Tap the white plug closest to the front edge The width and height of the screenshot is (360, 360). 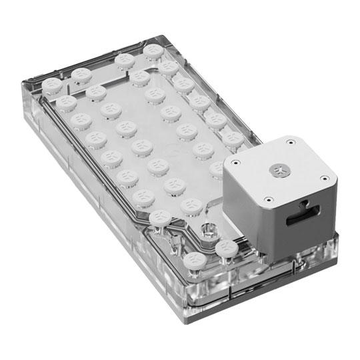click(196, 259)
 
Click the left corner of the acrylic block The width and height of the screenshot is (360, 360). click(27, 87)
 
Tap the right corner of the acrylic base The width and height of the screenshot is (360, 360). click(337, 233)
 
